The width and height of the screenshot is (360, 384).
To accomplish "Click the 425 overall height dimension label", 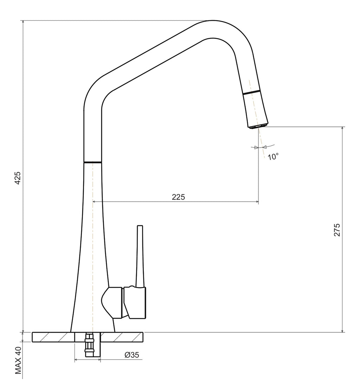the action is point(18,178).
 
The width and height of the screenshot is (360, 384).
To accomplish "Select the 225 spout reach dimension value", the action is point(178,197).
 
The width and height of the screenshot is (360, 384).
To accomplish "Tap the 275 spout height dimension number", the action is point(337,230).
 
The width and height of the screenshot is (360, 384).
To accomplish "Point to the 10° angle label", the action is point(273,156).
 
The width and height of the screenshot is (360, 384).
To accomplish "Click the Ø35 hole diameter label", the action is point(132,354).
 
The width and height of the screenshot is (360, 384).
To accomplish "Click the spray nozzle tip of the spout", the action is point(257,126).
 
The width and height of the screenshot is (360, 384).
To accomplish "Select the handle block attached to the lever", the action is point(135,303).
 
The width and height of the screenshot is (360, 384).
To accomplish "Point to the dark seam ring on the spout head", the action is point(251,92).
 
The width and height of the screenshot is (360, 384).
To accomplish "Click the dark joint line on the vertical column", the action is point(92,162).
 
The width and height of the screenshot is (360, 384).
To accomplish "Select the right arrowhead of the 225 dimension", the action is point(257,202).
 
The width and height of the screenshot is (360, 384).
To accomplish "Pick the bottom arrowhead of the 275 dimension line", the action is point(343,331).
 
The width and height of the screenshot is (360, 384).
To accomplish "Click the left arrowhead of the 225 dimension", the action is point(94,202).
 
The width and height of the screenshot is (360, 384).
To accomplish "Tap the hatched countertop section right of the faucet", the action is point(122,337).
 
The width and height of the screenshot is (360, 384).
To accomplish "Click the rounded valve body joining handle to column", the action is point(111,303).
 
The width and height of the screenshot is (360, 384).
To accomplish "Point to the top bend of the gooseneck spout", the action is point(213,30).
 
